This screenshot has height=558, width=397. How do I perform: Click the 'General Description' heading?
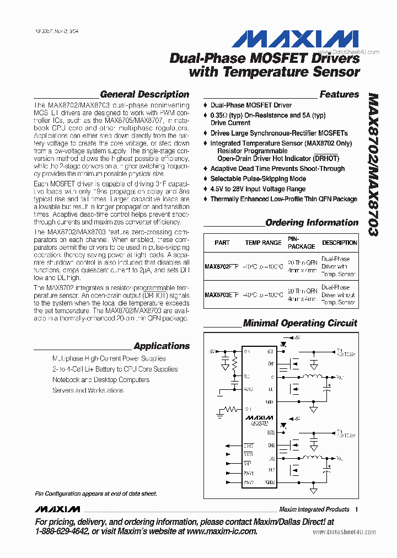(x=144, y=94)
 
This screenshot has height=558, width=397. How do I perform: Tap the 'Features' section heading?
(x=339, y=94)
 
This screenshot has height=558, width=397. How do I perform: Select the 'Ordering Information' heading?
(x=312, y=223)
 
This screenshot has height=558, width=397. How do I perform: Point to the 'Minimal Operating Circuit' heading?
(x=300, y=323)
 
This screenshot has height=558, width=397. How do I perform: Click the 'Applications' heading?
(x=162, y=346)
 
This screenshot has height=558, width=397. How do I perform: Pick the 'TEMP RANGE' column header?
(x=263, y=243)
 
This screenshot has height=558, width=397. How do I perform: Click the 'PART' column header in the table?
(x=222, y=243)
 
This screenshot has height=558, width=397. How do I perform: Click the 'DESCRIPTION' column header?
(x=340, y=243)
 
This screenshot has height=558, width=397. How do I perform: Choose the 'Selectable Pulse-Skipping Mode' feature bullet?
(x=258, y=179)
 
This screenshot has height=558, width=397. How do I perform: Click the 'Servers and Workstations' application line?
(x=88, y=390)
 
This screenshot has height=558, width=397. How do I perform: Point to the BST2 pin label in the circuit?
(x=270, y=434)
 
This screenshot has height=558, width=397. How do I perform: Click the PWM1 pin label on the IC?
(x=249, y=473)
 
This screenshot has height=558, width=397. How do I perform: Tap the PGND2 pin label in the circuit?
(x=269, y=483)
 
